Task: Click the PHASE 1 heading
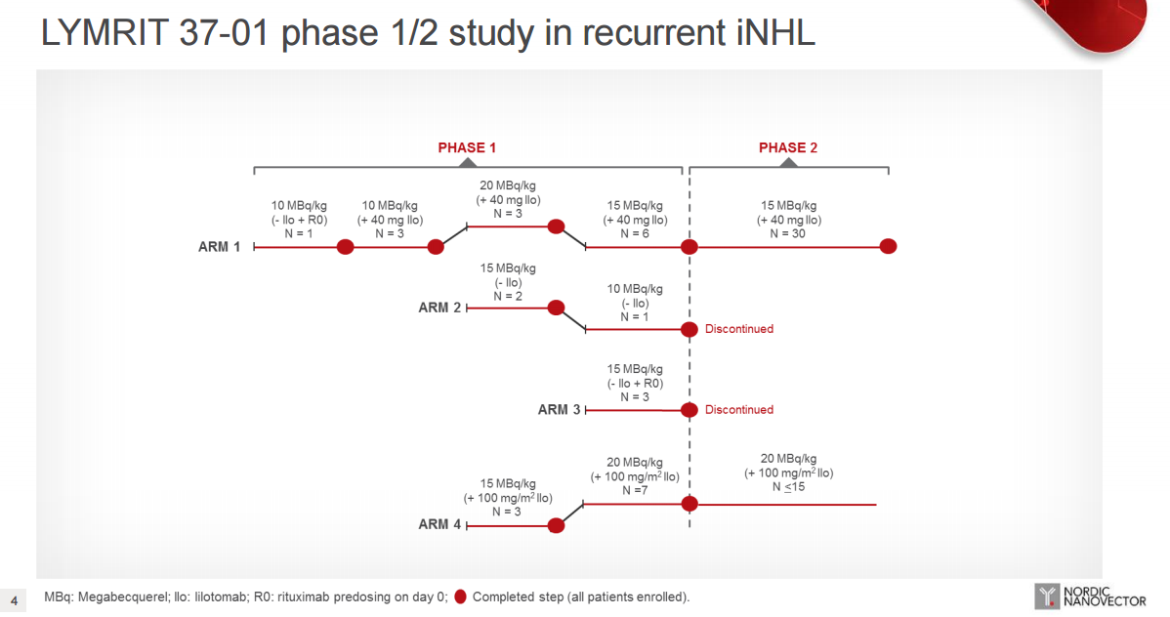click(x=467, y=147)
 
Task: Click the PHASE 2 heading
click(x=788, y=147)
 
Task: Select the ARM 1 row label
click(x=219, y=247)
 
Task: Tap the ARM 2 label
click(x=439, y=308)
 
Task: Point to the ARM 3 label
click(x=559, y=410)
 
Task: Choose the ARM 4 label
click(x=439, y=524)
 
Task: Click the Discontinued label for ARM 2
click(x=739, y=329)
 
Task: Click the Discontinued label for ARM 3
click(x=739, y=410)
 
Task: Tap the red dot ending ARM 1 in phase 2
click(x=888, y=246)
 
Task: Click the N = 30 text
click(x=788, y=233)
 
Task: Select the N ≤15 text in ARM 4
click(x=789, y=487)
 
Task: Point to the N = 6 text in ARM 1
click(x=635, y=233)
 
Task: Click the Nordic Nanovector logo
click(x=1090, y=596)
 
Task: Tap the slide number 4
click(x=15, y=600)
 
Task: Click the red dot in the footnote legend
click(x=460, y=596)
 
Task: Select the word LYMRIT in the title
click(x=104, y=33)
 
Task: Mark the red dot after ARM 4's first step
click(x=556, y=525)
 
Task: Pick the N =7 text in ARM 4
click(x=635, y=490)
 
